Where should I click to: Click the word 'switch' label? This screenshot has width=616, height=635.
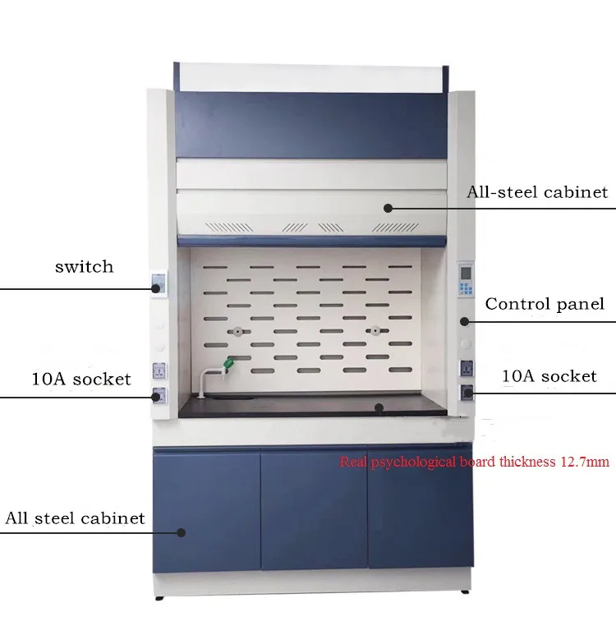(x=84, y=266)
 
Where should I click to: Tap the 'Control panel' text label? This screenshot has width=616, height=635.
(x=544, y=304)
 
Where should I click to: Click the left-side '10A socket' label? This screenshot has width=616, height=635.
(x=81, y=379)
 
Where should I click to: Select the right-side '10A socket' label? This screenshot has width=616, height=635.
(x=549, y=376)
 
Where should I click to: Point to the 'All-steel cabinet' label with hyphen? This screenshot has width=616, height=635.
(x=537, y=192)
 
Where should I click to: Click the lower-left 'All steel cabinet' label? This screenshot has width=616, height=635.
(x=75, y=518)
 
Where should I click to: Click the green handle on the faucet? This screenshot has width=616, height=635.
(x=229, y=361)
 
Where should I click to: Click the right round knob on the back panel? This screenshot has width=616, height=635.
(x=374, y=331)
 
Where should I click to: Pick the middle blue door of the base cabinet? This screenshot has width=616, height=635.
(x=314, y=508)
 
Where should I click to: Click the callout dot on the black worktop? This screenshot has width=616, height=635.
(x=379, y=406)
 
